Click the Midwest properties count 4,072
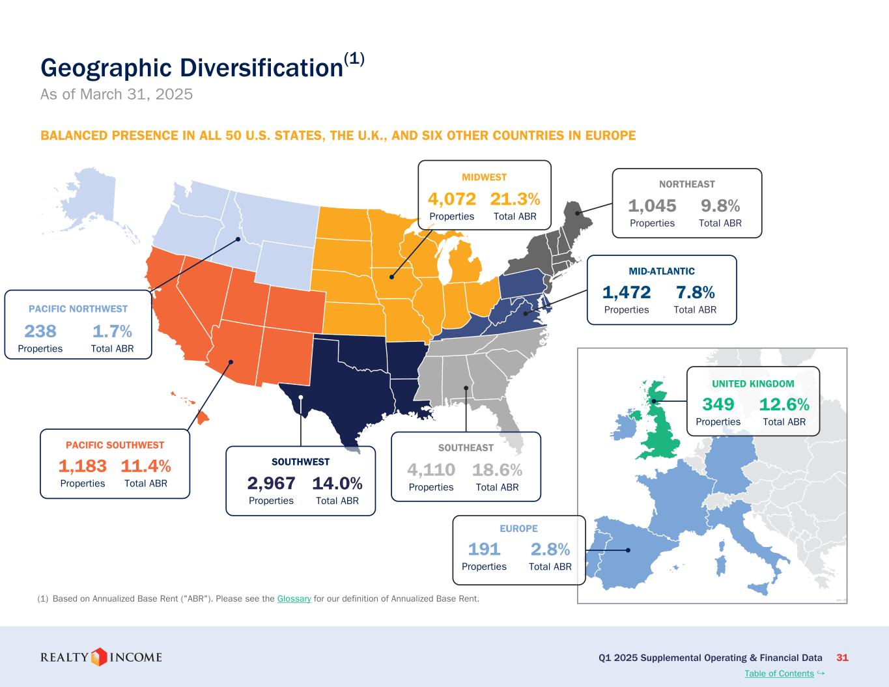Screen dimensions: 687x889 pyautogui.click(x=451, y=199)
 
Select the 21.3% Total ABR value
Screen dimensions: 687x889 pyautogui.click(x=515, y=199)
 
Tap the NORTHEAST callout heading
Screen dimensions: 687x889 pyautogui.click(x=686, y=184)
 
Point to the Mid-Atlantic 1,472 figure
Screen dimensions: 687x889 pyautogui.click(x=626, y=292)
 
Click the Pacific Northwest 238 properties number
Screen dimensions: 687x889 pyautogui.click(x=40, y=331)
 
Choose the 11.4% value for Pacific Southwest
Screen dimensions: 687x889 pyautogui.click(x=146, y=466)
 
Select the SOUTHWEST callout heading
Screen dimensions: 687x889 pyautogui.click(x=300, y=462)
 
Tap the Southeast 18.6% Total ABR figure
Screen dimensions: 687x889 pyautogui.click(x=497, y=470)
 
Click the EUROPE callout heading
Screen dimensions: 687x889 pyautogui.click(x=518, y=529)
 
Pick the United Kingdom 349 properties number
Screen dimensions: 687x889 pyautogui.click(x=718, y=404)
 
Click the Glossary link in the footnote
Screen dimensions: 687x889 pyautogui.click(x=294, y=599)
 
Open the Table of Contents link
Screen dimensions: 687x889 pyautogui.click(x=779, y=673)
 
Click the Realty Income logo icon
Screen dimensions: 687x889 pyautogui.click(x=98, y=657)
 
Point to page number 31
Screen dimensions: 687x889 pyautogui.click(x=842, y=658)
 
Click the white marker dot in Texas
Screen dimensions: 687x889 pyautogui.click(x=301, y=397)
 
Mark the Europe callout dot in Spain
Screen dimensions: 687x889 pyautogui.click(x=628, y=550)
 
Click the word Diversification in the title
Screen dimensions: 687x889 pyautogui.click(x=261, y=68)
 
